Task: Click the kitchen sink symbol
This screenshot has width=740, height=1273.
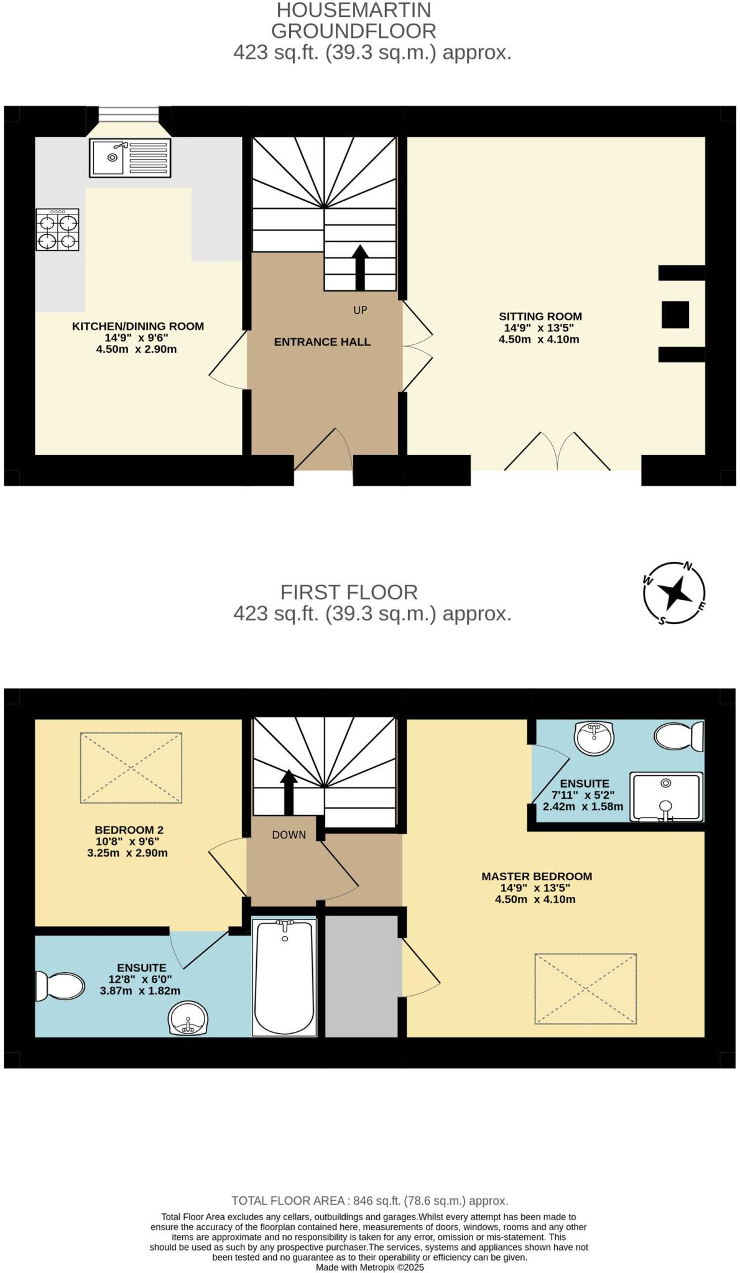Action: pyautogui.click(x=130, y=158)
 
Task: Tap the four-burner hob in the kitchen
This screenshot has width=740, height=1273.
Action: pyautogui.click(x=57, y=230)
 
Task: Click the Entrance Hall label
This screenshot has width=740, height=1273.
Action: pyautogui.click(x=322, y=342)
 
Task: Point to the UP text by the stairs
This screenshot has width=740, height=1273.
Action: pyautogui.click(x=360, y=310)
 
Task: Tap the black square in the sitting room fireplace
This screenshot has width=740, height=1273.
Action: pyautogui.click(x=675, y=315)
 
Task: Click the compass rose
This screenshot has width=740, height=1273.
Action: pyautogui.click(x=674, y=594)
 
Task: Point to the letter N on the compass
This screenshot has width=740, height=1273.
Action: pyautogui.click(x=688, y=566)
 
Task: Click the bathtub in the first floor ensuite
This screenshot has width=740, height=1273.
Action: pyautogui.click(x=285, y=978)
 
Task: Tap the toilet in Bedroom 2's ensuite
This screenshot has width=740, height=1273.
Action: pyautogui.click(x=60, y=986)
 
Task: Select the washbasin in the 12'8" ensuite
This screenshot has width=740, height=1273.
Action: pyautogui.click(x=188, y=1018)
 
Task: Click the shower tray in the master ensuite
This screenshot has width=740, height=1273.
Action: pyautogui.click(x=666, y=797)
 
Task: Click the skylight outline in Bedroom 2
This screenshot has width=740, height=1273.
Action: pyautogui.click(x=131, y=768)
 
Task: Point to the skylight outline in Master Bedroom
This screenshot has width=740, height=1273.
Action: pyautogui.click(x=585, y=988)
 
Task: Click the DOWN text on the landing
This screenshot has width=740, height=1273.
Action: pyautogui.click(x=289, y=835)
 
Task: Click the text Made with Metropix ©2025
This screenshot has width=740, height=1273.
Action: pyautogui.click(x=369, y=1267)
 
